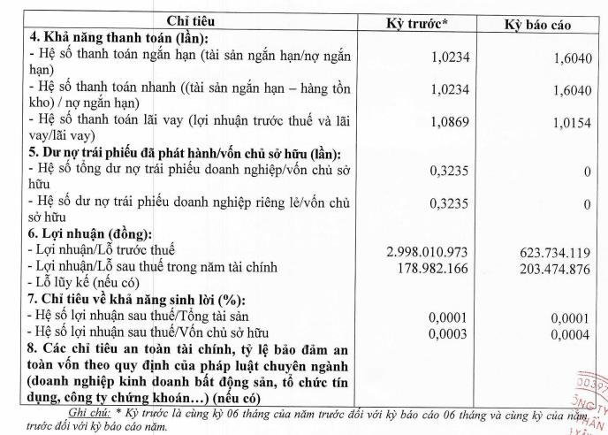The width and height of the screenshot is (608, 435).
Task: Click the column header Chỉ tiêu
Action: click(x=186, y=20)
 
